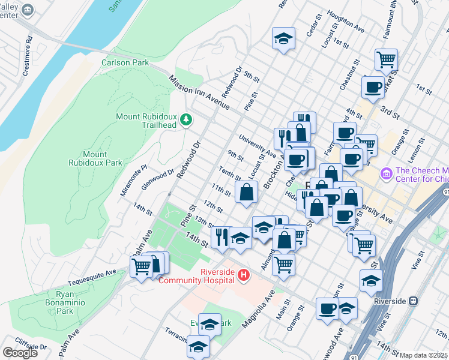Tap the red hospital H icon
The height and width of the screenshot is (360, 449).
click(244, 275)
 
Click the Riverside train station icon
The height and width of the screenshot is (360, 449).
click(413, 301)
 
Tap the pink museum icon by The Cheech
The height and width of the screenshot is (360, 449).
click(386, 175)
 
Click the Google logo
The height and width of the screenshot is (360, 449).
click(20, 353)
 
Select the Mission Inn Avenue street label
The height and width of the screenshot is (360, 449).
click(199, 92)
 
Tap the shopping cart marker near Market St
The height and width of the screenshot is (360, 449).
click(386, 59)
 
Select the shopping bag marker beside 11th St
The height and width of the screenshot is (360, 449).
click(247, 193)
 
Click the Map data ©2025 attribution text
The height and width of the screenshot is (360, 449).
click(423, 355)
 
